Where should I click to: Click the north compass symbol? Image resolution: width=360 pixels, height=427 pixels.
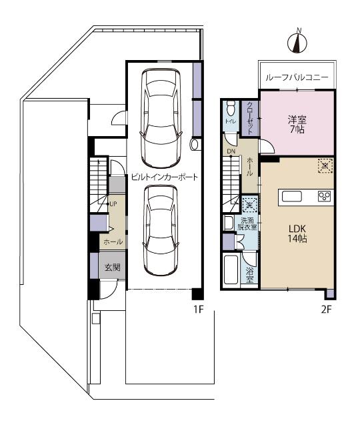click(x=298, y=41)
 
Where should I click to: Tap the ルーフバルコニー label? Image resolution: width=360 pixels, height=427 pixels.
click(x=297, y=77)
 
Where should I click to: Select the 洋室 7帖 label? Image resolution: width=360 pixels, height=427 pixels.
click(x=297, y=124)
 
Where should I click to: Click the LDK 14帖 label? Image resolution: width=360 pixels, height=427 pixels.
click(x=297, y=234)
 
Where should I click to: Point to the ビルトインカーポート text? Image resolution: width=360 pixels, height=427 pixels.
click(x=165, y=177)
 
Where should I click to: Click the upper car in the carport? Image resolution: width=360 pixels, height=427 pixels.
click(x=160, y=117)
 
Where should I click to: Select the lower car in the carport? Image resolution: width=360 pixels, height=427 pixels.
click(x=161, y=230)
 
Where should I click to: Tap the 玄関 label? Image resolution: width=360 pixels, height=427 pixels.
click(x=113, y=268)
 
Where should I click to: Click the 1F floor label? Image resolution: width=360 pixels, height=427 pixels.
click(x=198, y=309)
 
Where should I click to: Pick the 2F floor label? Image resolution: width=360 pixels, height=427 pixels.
click(x=326, y=310)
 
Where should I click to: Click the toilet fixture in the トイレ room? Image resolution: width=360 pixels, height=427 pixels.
click(x=231, y=108)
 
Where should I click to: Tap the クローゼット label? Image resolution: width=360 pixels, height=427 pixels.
click(x=250, y=117)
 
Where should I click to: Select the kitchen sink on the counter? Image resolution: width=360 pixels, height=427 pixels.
click(x=292, y=196)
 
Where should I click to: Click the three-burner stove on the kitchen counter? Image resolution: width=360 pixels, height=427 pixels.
click(x=325, y=196)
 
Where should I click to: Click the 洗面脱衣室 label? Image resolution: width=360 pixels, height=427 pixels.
click(x=247, y=224)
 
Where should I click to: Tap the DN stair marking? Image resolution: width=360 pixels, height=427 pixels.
click(x=231, y=151)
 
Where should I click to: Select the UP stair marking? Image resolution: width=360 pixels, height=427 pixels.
click(x=113, y=203)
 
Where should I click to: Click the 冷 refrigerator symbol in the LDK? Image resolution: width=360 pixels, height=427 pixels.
click(x=325, y=165)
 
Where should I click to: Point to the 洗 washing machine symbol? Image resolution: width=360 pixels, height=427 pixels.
click(x=249, y=204)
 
